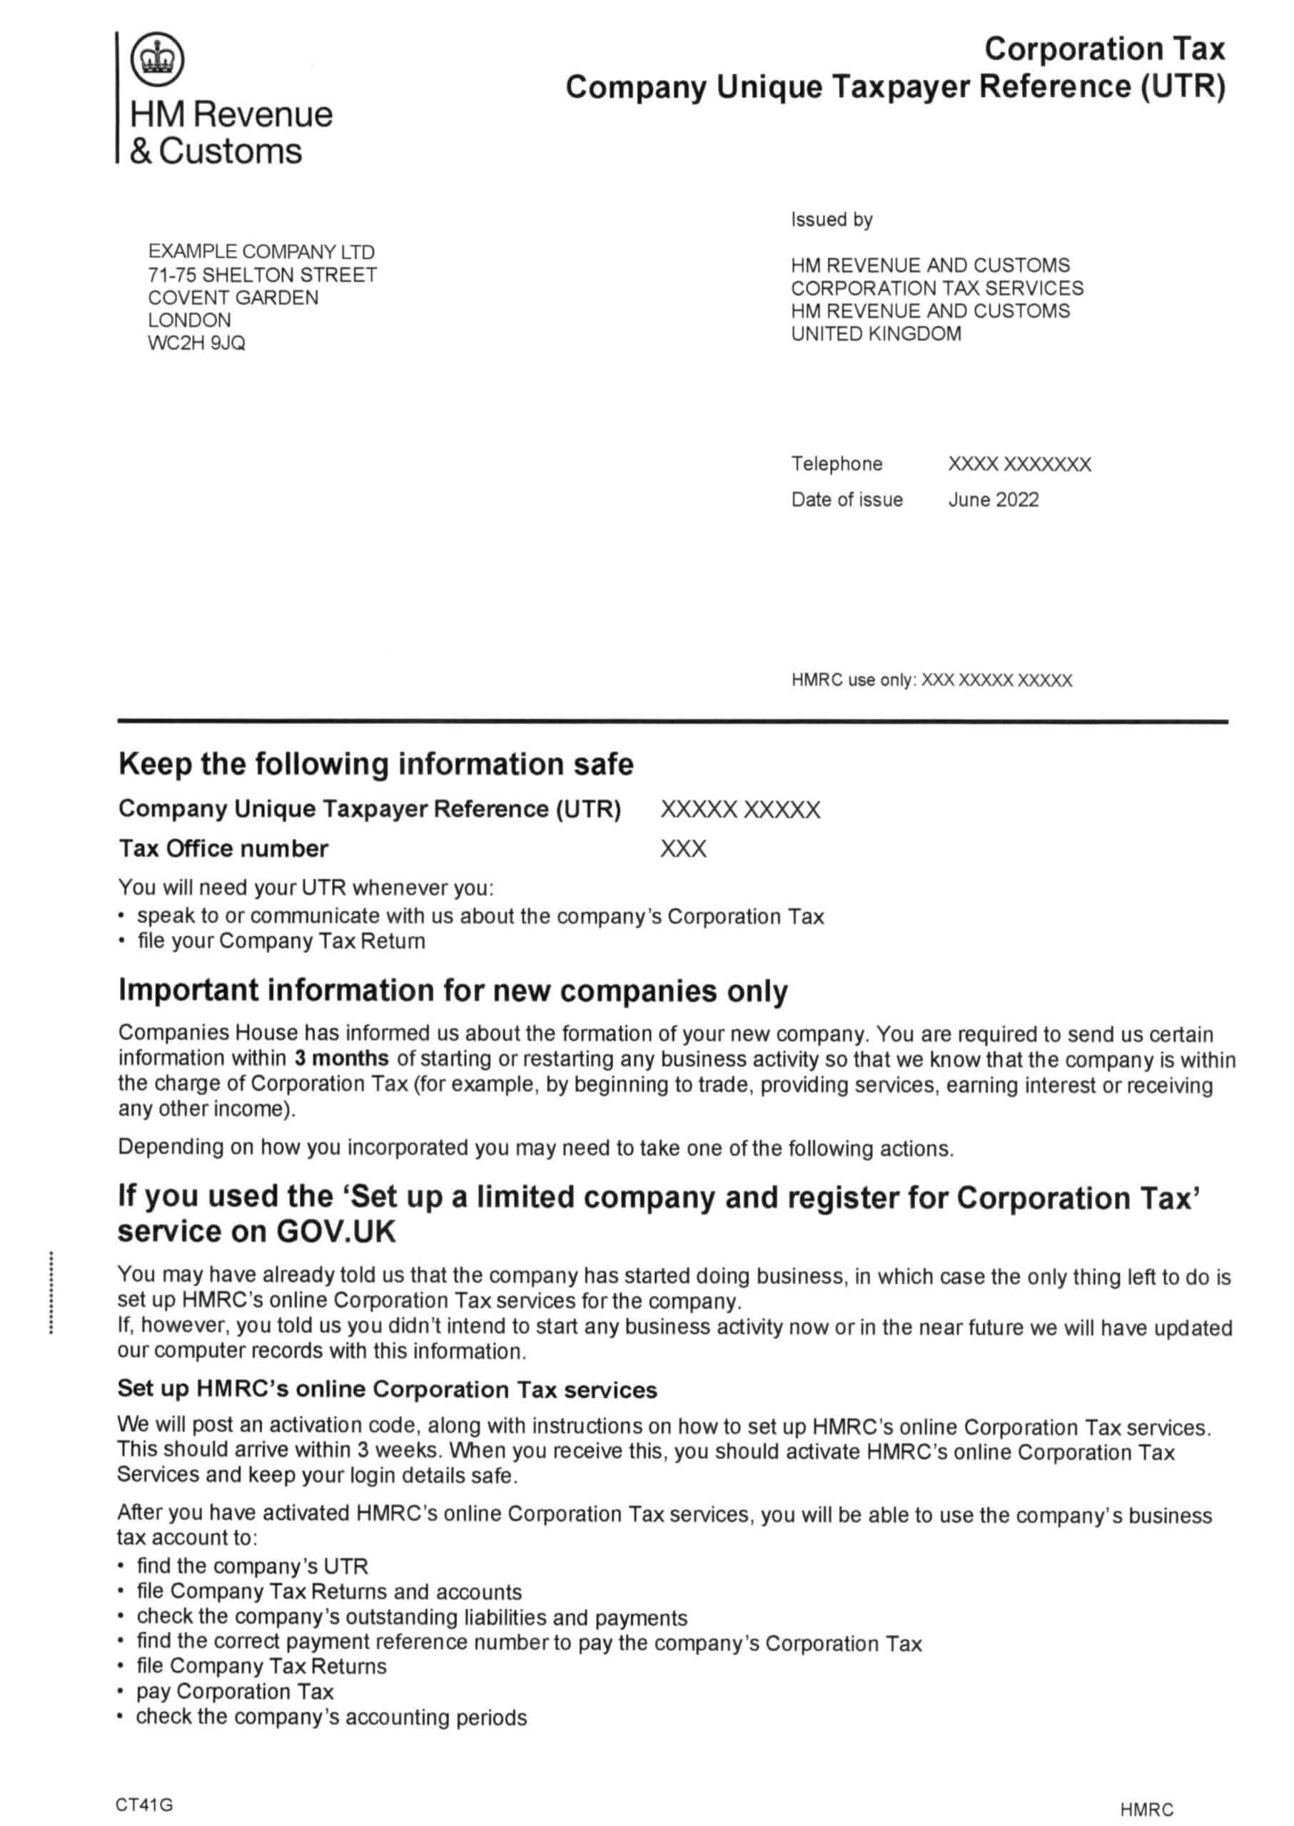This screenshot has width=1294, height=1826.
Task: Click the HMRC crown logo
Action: tap(157, 59)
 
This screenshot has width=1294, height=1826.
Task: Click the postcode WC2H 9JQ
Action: tap(196, 343)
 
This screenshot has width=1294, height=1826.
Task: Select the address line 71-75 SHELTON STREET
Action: tap(262, 275)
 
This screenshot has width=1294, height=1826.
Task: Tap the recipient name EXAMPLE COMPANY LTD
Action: tap(261, 252)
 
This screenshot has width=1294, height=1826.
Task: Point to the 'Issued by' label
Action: tap(831, 220)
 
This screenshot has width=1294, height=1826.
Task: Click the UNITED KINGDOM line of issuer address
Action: tap(876, 334)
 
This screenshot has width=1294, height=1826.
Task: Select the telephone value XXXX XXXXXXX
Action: tap(1018, 464)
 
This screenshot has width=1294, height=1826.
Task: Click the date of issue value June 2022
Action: tap(993, 499)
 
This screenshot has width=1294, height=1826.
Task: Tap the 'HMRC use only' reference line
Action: tap(931, 680)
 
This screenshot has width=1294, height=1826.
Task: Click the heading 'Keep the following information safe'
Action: tap(375, 765)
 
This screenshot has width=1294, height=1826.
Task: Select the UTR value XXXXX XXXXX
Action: tap(739, 810)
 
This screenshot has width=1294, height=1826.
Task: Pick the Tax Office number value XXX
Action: tap(683, 849)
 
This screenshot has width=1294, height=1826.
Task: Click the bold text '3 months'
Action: tap(341, 1059)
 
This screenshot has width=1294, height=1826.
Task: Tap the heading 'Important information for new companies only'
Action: tap(453, 991)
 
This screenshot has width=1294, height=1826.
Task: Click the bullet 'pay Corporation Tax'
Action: tap(234, 1691)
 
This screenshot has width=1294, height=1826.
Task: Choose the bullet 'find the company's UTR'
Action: tap(252, 1566)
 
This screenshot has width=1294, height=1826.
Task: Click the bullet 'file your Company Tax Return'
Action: tap(280, 942)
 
